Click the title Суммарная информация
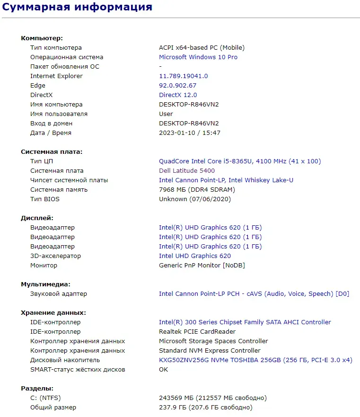pyautogui.click(x=77, y=7)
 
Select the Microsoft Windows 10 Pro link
pyautogui.click(x=198, y=57)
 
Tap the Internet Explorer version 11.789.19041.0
pyautogui.click(x=183, y=76)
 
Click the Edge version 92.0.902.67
pyautogui.click(x=177, y=86)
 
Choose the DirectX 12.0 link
pyautogui.click(x=178, y=95)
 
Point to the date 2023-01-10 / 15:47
pyautogui.click(x=190, y=133)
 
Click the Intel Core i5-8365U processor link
pyautogui.click(x=239, y=161)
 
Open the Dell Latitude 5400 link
pyautogui.click(x=187, y=171)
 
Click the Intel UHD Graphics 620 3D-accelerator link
pyautogui.click(x=195, y=256)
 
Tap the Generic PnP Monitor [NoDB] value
pyautogui.click(x=202, y=266)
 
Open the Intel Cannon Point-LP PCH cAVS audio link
pyautogui.click(x=254, y=294)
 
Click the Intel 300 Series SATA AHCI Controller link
pyautogui.click(x=245, y=322)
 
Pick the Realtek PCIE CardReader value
pyautogui.click(x=197, y=332)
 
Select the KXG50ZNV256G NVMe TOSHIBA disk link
pyautogui.click(x=255, y=360)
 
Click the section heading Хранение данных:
pyautogui.click(x=53, y=313)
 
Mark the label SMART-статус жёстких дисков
pyautogui.click(x=78, y=370)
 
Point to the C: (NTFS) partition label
pyautogui.click(x=45, y=398)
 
